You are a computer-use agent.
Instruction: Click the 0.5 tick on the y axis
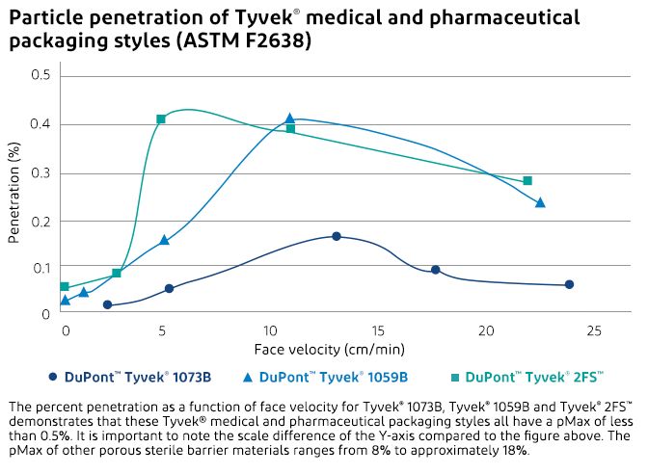pyautogui.click(x=42, y=75)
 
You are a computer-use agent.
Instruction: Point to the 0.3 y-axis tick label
pyautogui.click(x=42, y=173)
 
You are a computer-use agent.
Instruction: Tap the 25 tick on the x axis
pyautogui.click(x=595, y=330)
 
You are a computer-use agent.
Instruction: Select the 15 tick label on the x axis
pyautogui.click(x=382, y=330)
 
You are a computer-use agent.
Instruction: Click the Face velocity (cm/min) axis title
pyautogui.click(x=330, y=348)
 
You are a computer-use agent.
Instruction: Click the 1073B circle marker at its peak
pyautogui.click(x=337, y=236)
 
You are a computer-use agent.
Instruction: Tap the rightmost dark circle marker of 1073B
pyautogui.click(x=569, y=284)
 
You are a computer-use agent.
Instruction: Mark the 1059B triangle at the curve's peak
pyautogui.click(x=289, y=118)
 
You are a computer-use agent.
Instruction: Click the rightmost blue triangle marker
pyautogui.click(x=540, y=202)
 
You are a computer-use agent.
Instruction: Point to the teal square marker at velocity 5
pyautogui.click(x=161, y=118)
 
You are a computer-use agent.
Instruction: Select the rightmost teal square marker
pyautogui.click(x=527, y=181)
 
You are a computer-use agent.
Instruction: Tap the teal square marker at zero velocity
pyautogui.click(x=65, y=286)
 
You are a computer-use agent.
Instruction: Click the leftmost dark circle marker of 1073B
pyautogui.click(x=107, y=304)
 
